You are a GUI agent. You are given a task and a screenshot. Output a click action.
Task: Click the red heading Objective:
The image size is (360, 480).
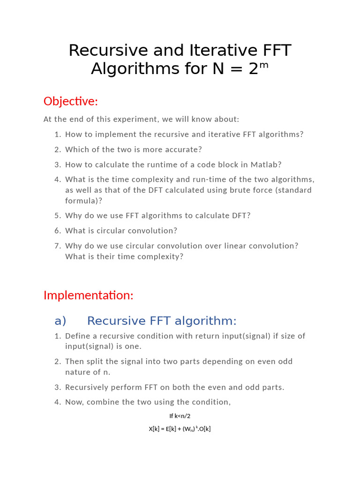click(71, 101)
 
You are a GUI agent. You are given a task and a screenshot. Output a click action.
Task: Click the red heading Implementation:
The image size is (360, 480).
click(89, 295)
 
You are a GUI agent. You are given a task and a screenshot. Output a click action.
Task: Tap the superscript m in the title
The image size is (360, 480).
click(264, 65)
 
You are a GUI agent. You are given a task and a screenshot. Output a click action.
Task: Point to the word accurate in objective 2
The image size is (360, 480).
click(180, 150)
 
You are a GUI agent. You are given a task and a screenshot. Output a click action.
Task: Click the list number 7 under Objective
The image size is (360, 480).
click(58, 246)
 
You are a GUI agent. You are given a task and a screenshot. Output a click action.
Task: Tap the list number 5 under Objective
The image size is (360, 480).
click(58, 216)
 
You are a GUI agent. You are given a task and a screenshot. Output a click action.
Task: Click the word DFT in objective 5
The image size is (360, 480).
click(241, 216)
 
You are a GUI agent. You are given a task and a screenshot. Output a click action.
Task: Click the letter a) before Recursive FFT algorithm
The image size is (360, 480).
click(60, 321)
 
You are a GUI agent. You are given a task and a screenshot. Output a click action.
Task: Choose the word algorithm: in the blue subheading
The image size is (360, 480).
click(206, 321)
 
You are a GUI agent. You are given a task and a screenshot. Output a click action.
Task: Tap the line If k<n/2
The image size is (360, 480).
click(180, 416)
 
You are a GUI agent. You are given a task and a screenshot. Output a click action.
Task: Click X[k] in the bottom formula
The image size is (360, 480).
click(154, 429)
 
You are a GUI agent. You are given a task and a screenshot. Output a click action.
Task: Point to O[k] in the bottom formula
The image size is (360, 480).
click(205, 429)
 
